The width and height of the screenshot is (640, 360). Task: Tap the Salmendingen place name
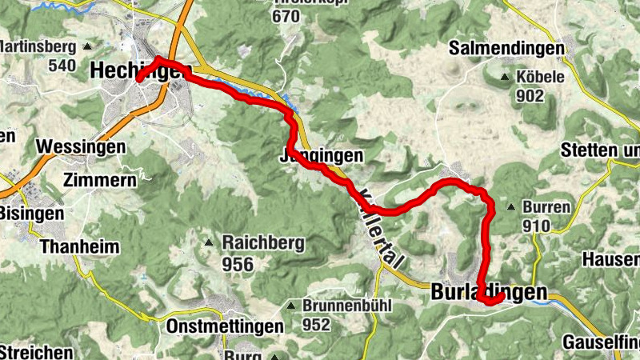506,48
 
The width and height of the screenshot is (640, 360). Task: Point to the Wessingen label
82,148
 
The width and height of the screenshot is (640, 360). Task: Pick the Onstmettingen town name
225,326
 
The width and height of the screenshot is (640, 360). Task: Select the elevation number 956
238,265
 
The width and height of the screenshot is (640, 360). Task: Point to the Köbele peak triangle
505,78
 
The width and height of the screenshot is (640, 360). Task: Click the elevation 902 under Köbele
530,97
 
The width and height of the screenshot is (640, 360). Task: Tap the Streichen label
36,352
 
